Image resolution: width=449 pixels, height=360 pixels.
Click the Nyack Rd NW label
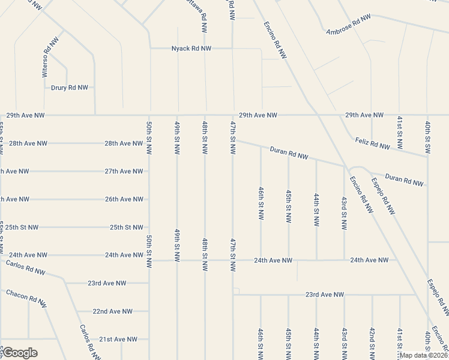pyautogui.click(x=191, y=48)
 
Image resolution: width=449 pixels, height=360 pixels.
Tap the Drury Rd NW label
pyautogui.click(x=69, y=87)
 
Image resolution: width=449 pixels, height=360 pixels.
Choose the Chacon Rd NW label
pyautogui.click(x=26, y=299)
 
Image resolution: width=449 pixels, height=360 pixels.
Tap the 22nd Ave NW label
pyautogui.click(x=112, y=311)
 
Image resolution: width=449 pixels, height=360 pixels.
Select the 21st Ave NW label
pyautogui.click(x=118, y=339)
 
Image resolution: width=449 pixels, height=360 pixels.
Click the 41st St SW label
pyautogui.click(x=399, y=133)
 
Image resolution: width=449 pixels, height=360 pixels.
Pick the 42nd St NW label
pyautogui.click(x=372, y=343)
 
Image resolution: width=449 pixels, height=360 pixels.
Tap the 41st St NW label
pyautogui.click(x=400, y=343)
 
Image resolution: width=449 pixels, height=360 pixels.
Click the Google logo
pyautogui.click(x=20, y=353)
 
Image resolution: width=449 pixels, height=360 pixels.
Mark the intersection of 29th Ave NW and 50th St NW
pyautogui.click(x=149, y=115)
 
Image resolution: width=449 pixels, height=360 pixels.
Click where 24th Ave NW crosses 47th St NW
pyautogui.click(x=233, y=260)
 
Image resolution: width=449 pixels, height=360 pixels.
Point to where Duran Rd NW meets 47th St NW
pyautogui.click(x=233, y=142)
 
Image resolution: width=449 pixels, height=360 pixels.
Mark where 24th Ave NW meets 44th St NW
pyautogui.click(x=316, y=260)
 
